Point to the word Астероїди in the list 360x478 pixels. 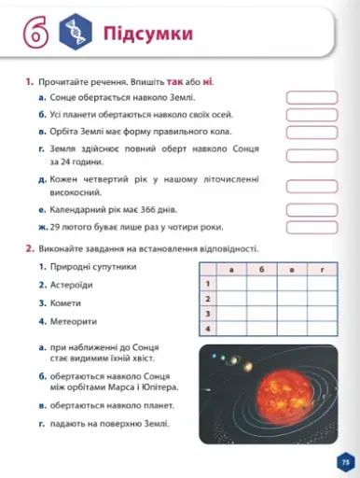click(x=71, y=285)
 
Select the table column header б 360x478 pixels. click(x=263, y=269)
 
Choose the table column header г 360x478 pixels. click(x=324, y=269)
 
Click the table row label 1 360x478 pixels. click(x=207, y=283)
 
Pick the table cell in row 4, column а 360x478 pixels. click(x=231, y=329)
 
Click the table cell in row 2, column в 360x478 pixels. click(x=293, y=299)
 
